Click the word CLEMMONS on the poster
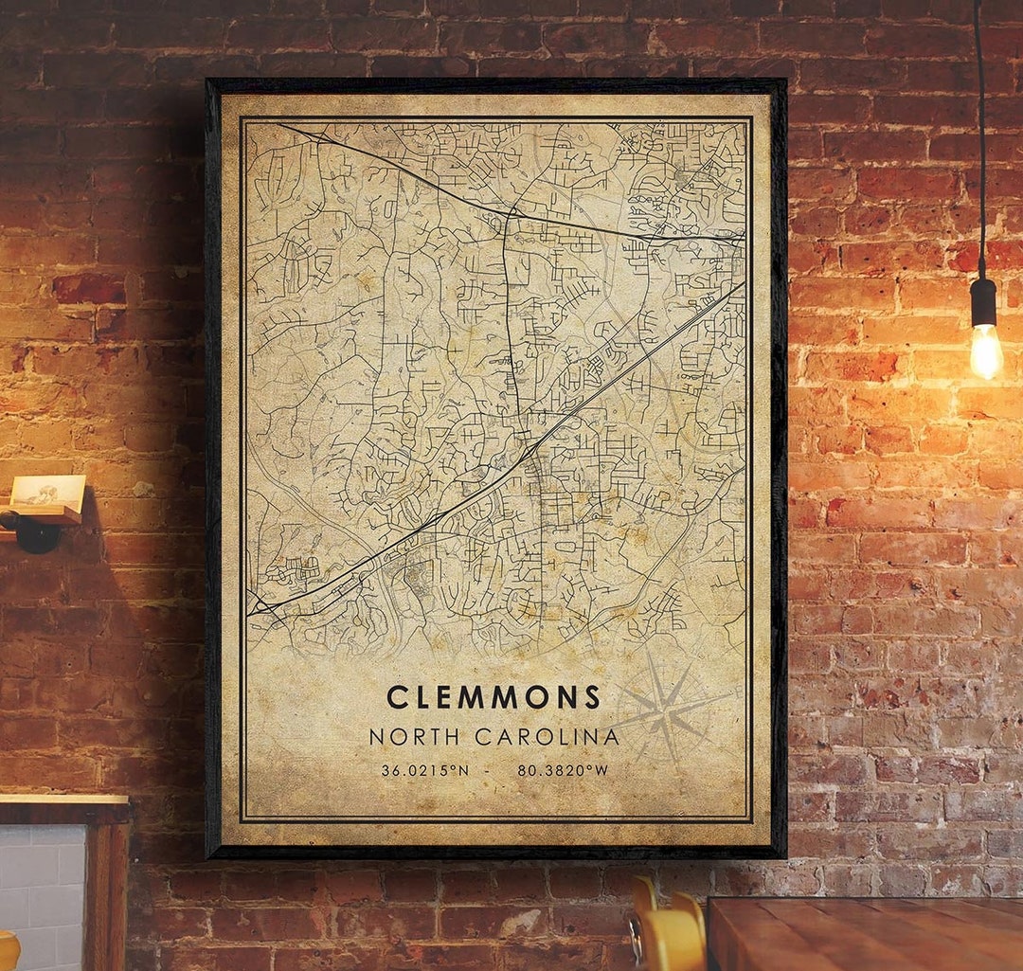pos(494,697)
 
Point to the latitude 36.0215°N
pos(425,770)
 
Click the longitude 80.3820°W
pos(563,770)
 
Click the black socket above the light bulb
pos(983,301)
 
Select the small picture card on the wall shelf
pos(47,491)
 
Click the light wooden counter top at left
pos(63,800)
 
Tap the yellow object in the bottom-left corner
pos(8,950)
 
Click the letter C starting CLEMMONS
pos(397,697)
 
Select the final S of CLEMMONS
pos(592,697)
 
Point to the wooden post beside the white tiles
pos(109,890)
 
